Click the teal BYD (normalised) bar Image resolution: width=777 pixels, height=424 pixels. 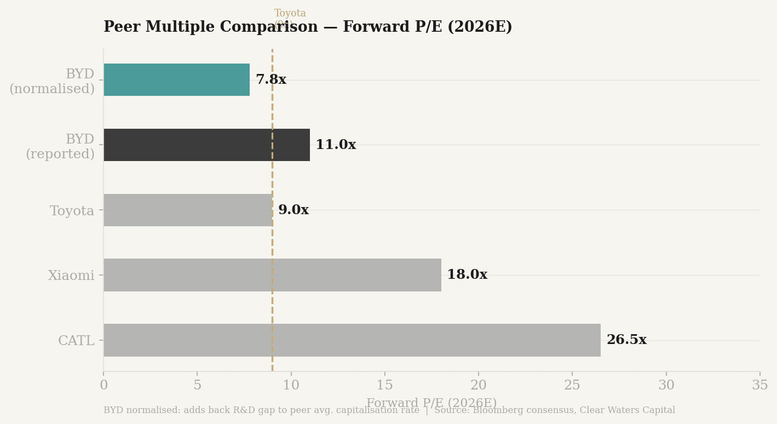(x=176, y=80)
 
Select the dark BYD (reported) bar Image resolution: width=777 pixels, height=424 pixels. (x=206, y=145)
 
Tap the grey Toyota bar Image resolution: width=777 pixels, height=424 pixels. (x=188, y=210)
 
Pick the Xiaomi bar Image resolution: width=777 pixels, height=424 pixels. (x=272, y=275)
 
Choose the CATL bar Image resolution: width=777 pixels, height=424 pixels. (x=352, y=340)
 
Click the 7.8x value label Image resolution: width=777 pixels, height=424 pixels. (x=270, y=80)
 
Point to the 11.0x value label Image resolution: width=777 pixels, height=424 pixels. (x=335, y=145)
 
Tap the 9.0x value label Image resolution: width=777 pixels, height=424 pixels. (x=293, y=210)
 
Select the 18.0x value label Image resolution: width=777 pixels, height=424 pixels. (x=467, y=275)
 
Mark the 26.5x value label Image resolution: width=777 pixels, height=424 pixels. (x=626, y=340)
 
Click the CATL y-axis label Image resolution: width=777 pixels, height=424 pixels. (x=76, y=341)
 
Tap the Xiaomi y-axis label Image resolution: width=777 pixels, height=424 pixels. (x=71, y=276)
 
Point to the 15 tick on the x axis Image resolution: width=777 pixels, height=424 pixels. (x=384, y=386)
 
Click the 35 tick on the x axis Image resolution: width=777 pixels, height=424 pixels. (x=759, y=386)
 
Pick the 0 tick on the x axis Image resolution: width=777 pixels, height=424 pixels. (x=103, y=386)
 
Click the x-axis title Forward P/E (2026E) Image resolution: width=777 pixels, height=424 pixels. (x=431, y=403)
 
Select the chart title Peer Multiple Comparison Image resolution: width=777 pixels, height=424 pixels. (x=308, y=27)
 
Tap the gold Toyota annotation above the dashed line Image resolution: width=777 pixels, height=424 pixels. (x=290, y=14)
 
